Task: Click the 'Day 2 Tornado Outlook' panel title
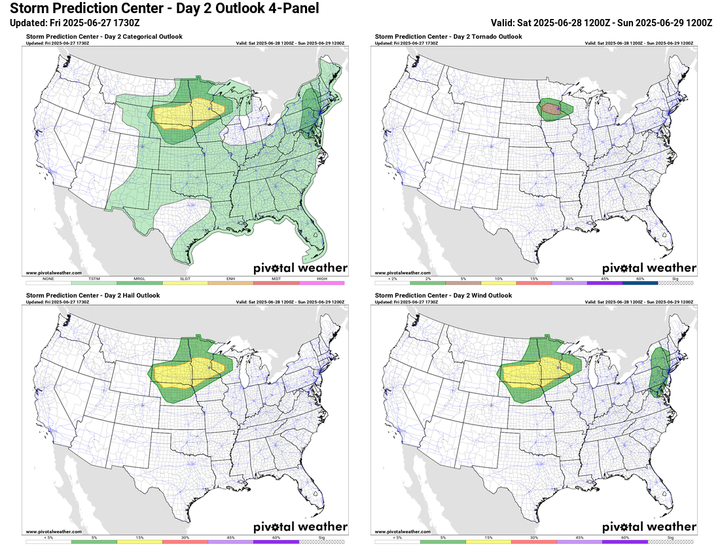(448, 37)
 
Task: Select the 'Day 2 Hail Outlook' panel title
(92, 296)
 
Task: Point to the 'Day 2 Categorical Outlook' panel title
(104, 37)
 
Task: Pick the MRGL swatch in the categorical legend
(139, 283)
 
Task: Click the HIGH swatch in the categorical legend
(321, 283)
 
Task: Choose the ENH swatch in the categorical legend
(230, 283)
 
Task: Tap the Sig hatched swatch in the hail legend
(321, 542)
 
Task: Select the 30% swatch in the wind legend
(534, 542)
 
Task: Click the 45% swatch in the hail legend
(230, 542)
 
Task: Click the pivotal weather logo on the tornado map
(649, 268)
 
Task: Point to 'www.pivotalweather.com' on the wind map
(403, 531)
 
